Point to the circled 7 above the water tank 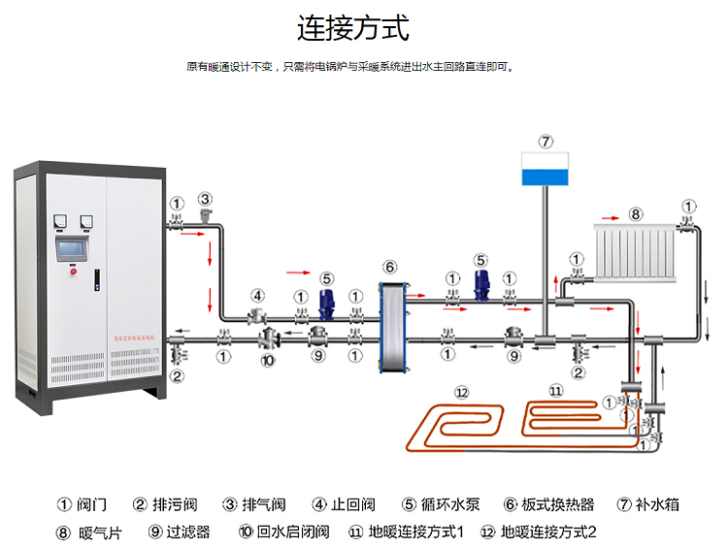[546, 141]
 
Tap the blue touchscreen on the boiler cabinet [73, 249]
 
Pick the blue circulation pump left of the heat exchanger [327, 303]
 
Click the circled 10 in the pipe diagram [269, 361]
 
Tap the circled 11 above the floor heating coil [555, 390]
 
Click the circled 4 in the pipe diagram [257, 296]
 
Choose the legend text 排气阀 [264, 504]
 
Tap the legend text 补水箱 [659, 504]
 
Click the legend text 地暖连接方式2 [548, 532]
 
